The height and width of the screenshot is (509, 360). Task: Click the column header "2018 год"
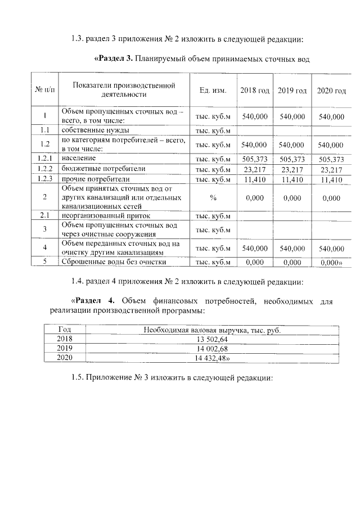[255, 91]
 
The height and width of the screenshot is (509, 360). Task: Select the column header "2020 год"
[331, 91]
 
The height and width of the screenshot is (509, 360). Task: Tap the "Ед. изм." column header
[213, 91]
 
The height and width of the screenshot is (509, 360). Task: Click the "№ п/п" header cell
[44, 91]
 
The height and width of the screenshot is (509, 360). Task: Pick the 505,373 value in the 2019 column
[292, 159]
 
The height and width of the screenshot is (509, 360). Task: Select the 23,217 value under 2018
[255, 169]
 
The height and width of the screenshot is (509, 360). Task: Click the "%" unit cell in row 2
[213, 199]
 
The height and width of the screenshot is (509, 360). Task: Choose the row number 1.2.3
[44, 179]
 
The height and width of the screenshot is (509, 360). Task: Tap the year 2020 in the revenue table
[65, 358]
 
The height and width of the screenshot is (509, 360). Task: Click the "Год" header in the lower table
[65, 330]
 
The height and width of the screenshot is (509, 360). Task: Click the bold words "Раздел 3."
[115, 59]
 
